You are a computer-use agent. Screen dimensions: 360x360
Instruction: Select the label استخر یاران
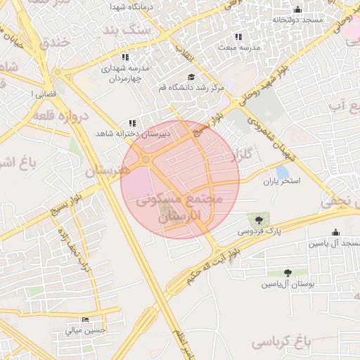point(282,181)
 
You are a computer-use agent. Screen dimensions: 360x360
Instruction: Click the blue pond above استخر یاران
point(282,172)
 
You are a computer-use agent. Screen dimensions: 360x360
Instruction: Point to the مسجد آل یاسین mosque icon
point(335,233)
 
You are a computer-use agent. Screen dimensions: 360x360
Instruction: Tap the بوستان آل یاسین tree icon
point(288,273)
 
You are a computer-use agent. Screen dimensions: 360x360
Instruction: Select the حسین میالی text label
point(86,329)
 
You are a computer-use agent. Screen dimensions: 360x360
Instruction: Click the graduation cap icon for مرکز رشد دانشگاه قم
point(191,77)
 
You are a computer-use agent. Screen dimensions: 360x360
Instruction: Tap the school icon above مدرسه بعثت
point(238,37)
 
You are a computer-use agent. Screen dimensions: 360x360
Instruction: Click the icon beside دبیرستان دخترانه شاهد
point(132,123)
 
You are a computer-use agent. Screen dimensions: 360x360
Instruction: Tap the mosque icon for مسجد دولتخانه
point(297,10)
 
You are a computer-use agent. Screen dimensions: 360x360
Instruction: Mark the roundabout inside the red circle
point(146,160)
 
